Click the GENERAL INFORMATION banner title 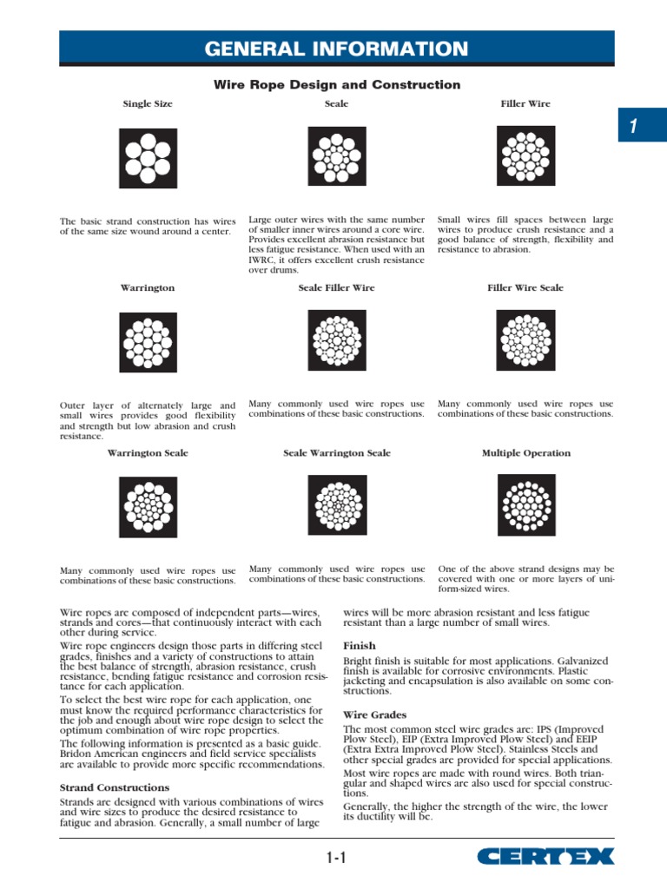(336, 49)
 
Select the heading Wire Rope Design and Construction (337, 85)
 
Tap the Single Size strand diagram (148, 159)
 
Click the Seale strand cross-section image (337, 156)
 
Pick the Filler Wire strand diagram (525, 155)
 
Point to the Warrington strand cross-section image (148, 341)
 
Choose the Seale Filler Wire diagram (337, 340)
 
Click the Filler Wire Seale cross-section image (525, 340)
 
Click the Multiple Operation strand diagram (525, 504)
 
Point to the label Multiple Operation (525, 453)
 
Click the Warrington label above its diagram (148, 288)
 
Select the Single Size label (148, 104)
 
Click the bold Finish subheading (359, 646)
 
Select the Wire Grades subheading (373, 714)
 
